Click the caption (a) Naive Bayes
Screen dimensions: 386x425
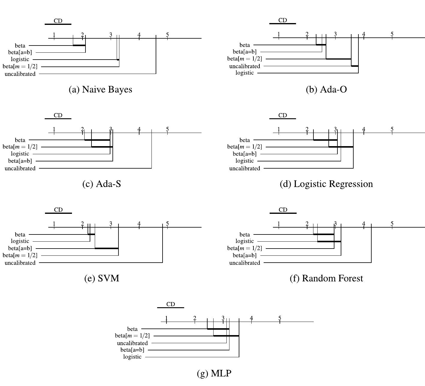click(x=100, y=90)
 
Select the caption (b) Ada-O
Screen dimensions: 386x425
click(x=326, y=90)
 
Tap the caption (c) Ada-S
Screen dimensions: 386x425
click(x=102, y=184)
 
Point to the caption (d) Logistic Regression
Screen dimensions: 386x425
click(x=326, y=184)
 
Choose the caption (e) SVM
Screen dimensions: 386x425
click(x=102, y=278)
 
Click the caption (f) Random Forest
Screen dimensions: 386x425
click(x=326, y=278)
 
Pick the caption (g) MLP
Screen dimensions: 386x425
click(x=214, y=373)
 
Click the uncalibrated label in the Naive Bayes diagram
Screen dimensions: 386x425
click(x=20, y=74)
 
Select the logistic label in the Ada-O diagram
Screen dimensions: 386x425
click(x=245, y=73)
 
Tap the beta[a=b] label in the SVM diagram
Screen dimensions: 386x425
click(x=20, y=248)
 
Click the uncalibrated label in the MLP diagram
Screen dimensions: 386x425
click(x=132, y=343)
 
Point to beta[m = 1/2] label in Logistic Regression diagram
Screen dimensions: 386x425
click(x=244, y=147)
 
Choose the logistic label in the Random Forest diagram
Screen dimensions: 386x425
click(x=245, y=241)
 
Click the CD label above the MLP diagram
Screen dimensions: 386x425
click(x=170, y=304)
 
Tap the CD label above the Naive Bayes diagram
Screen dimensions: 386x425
click(x=58, y=21)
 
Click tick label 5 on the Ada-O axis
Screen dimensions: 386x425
click(x=392, y=34)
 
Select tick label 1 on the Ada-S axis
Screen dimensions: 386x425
click(x=54, y=129)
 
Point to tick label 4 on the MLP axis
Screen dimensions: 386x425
click(x=251, y=318)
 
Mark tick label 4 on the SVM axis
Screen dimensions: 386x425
click(x=139, y=223)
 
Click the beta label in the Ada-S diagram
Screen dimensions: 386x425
click(x=20, y=140)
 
